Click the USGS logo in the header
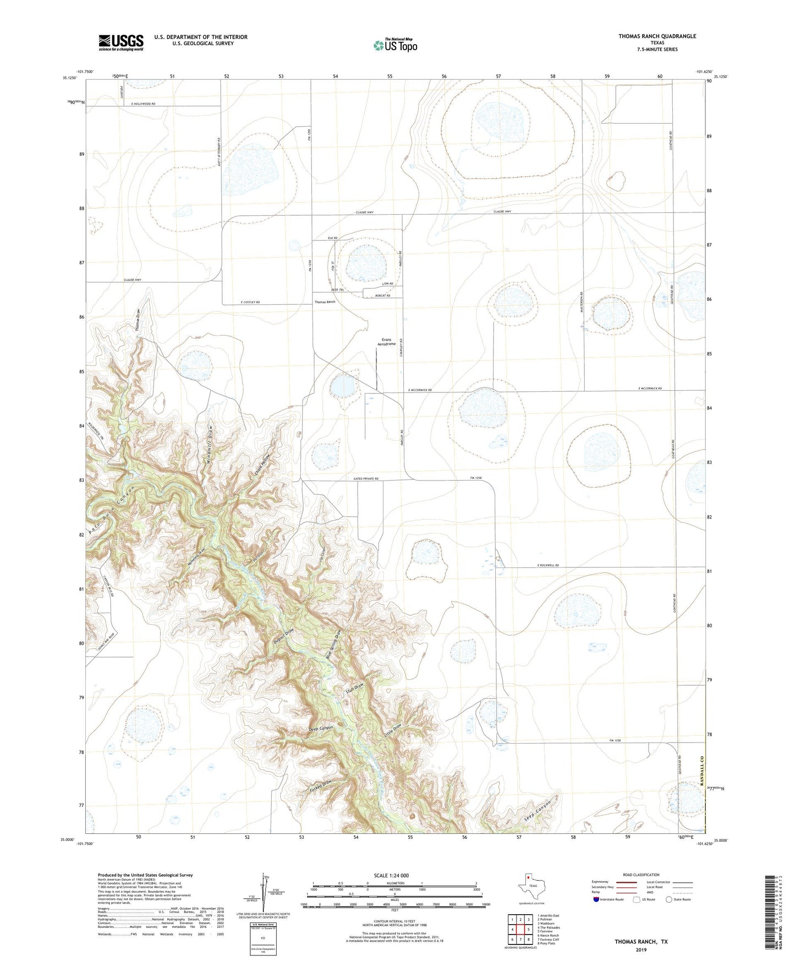[x=121, y=42]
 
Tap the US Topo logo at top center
[x=395, y=45]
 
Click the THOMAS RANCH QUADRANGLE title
[x=657, y=36]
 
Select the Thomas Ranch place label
[x=325, y=302]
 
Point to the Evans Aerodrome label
[x=386, y=342]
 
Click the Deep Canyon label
[x=321, y=729]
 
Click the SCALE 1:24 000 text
[x=391, y=876]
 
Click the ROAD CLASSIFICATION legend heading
[x=641, y=875]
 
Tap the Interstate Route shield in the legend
[x=596, y=899]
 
